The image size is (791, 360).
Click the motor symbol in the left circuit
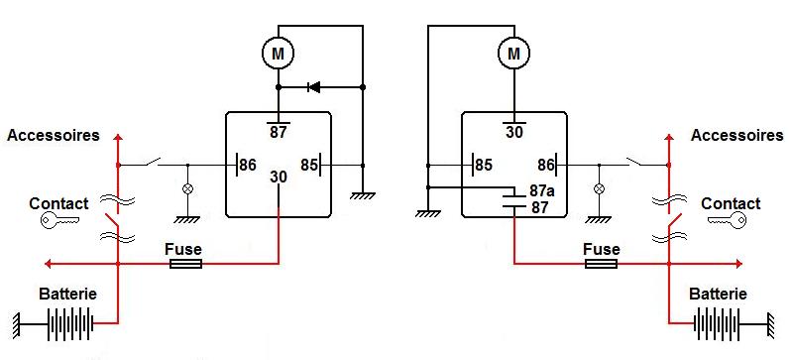(278, 53)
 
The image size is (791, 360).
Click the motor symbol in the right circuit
(513, 53)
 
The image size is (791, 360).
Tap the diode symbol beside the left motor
(314, 87)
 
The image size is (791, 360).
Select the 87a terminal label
(540, 191)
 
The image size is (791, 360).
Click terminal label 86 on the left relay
(247, 165)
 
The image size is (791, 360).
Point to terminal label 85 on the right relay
(484, 165)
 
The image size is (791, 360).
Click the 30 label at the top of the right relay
(514, 132)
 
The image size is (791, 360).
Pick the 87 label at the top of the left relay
(278, 132)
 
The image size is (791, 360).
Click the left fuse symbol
(186, 264)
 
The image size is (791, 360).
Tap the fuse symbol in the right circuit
(602, 264)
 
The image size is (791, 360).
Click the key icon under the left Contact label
(59, 220)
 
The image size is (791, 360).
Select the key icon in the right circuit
(727, 220)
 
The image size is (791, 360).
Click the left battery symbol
(70, 323)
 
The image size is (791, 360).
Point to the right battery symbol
(718, 323)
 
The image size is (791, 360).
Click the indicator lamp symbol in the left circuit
(188, 188)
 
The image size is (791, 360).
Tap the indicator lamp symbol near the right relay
(599, 188)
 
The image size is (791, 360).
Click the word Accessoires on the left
(54, 135)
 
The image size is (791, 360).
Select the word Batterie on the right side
(718, 294)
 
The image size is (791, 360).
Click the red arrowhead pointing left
(49, 264)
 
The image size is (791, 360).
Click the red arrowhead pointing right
(738, 264)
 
